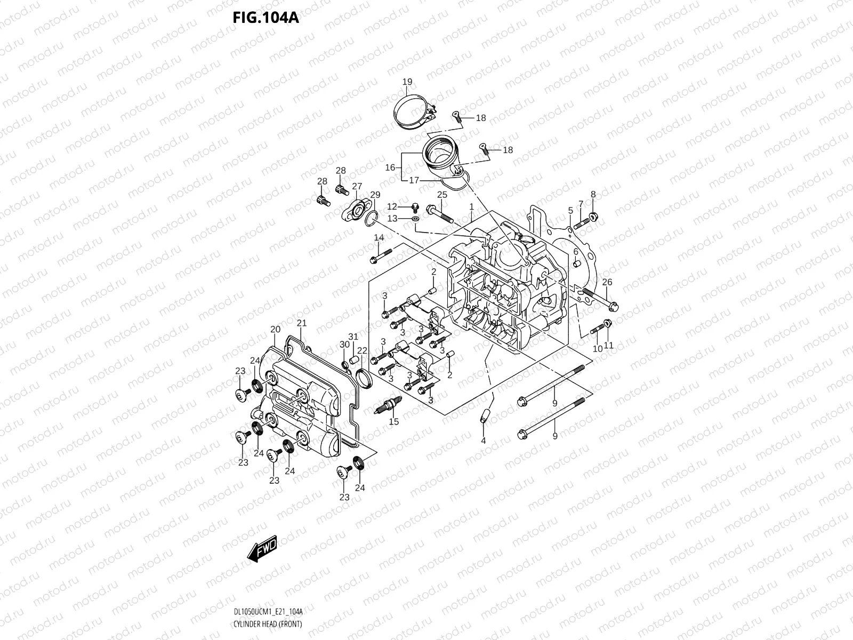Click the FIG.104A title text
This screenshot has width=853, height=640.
[265, 18]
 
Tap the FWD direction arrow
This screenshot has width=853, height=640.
[262, 548]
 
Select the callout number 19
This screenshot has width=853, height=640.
[407, 82]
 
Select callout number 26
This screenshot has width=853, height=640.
[607, 282]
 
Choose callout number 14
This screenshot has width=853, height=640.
[379, 237]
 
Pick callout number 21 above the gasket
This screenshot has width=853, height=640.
[302, 323]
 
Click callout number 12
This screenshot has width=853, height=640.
[392, 206]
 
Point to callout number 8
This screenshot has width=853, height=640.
[593, 194]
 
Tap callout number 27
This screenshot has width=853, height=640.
[357, 186]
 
